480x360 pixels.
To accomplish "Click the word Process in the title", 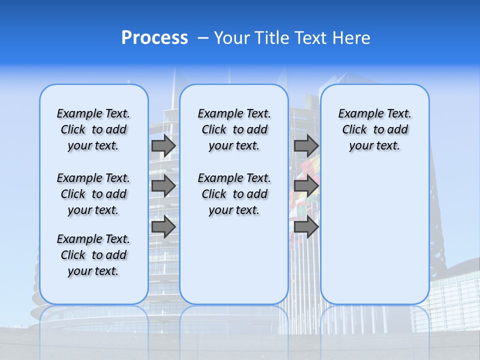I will pos(154,38).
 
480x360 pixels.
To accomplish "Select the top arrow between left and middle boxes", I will pos(163,145).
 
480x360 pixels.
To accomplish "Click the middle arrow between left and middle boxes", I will pos(163,186).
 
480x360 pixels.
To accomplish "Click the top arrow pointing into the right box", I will pos(306,145).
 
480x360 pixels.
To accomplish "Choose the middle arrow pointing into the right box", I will pos(306,186).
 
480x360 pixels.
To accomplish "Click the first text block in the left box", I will pos(93,129).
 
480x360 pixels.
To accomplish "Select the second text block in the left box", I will pos(93,194).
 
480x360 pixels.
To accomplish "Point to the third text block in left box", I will pos(93,255).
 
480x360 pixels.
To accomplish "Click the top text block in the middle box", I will pos(234,129).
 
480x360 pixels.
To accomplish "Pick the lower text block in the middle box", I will pos(234,194).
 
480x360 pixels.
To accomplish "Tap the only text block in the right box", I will pos(374,129).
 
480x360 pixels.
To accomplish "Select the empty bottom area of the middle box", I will pos(234,265).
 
